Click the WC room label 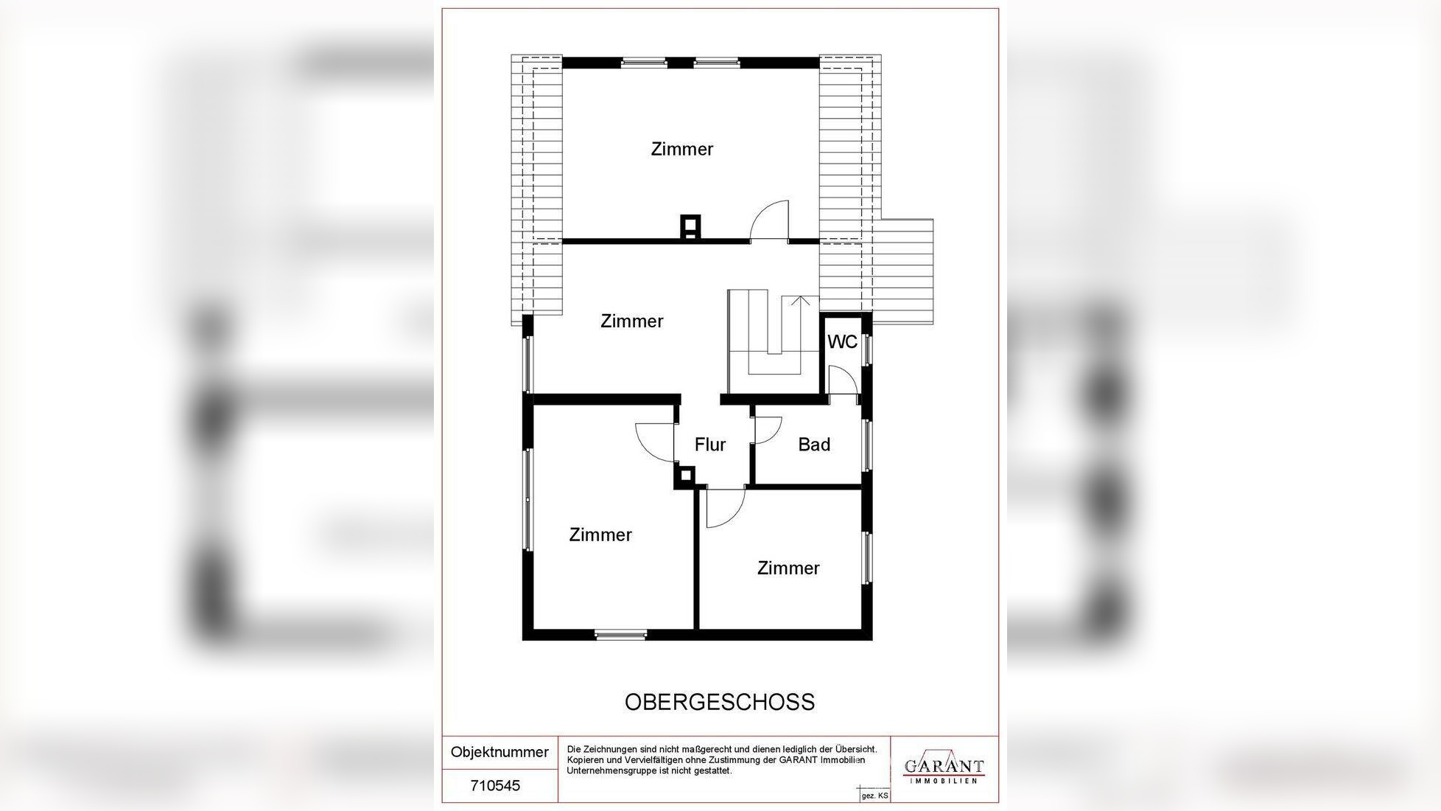[842, 342]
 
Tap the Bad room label [814, 445]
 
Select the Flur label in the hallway [710, 445]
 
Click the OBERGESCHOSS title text [720, 702]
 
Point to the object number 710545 [495, 786]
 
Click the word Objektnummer [499, 752]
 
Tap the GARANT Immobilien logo [944, 768]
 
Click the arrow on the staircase [801, 300]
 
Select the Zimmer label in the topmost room [682, 149]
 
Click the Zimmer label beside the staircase [632, 321]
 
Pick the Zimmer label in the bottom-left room [600, 535]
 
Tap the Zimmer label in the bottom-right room [788, 568]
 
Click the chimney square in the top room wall [690, 228]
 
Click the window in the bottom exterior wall [621, 635]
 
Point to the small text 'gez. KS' [875, 796]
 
